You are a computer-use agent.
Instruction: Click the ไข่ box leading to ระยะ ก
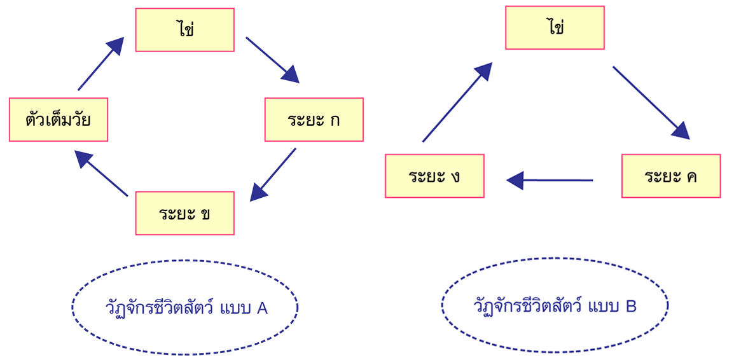(185, 29)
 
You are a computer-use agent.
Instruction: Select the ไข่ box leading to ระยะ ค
(555, 28)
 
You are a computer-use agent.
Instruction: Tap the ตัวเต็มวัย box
(59, 120)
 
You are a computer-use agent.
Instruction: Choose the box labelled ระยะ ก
(314, 120)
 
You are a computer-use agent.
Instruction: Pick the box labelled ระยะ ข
(185, 213)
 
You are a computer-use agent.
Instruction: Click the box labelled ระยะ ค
(671, 176)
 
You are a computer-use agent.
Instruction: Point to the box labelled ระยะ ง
(434, 176)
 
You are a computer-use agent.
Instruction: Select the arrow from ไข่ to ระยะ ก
(272, 59)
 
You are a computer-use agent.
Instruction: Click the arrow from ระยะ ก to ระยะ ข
(274, 174)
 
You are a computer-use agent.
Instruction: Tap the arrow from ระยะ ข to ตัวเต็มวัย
(102, 173)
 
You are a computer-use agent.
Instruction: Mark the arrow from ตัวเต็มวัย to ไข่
(100, 64)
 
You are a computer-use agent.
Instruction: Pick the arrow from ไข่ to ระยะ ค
(650, 101)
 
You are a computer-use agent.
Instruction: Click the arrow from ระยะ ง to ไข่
(457, 102)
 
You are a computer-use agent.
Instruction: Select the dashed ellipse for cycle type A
(185, 307)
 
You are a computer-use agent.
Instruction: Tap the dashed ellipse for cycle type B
(555, 305)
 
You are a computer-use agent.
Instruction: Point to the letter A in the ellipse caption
(262, 308)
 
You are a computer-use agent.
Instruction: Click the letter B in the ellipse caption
(631, 307)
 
